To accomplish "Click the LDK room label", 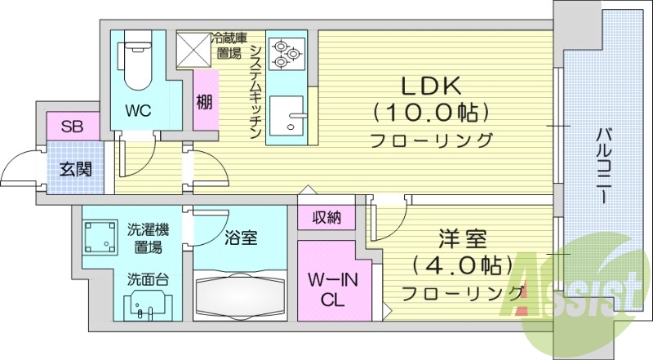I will tap(432, 85).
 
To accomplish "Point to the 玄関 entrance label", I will tap(75, 170).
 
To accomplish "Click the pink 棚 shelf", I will tap(204, 103).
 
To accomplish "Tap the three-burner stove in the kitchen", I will tap(287, 53).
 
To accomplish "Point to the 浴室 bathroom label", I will tap(242, 238).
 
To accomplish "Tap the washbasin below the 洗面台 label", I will tap(148, 307).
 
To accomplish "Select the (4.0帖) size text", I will tap(462, 265).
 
